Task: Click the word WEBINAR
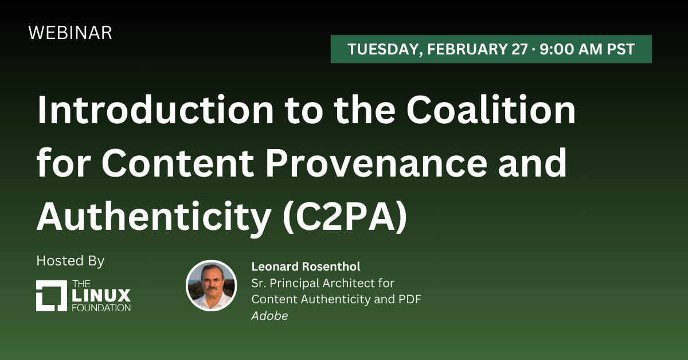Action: pyautogui.click(x=70, y=33)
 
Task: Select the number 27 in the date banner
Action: pyautogui.click(x=519, y=49)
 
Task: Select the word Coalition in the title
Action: pyautogui.click(x=491, y=109)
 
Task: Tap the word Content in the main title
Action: pyautogui.click(x=178, y=162)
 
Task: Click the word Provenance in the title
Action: pyautogui.click(x=376, y=162)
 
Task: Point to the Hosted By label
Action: pyautogui.click(x=71, y=261)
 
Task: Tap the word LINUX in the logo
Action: pyautogui.click(x=101, y=295)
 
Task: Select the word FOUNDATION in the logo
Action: pyautogui.click(x=101, y=308)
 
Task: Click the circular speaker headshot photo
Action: pyautogui.click(x=212, y=285)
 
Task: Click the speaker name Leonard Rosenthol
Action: pyautogui.click(x=306, y=267)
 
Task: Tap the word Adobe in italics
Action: pyautogui.click(x=269, y=316)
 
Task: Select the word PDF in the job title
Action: pyautogui.click(x=410, y=299)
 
